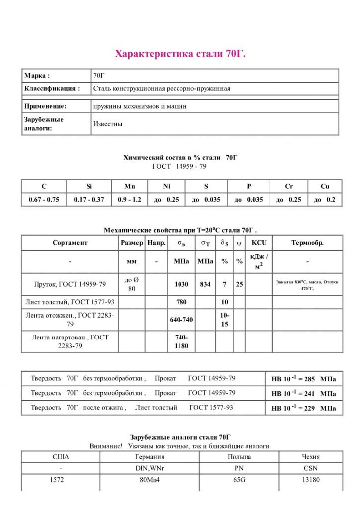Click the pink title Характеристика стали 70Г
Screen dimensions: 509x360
180,54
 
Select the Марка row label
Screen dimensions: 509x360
37,76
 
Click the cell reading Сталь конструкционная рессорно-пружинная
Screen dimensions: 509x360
162,89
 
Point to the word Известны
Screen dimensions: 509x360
108,124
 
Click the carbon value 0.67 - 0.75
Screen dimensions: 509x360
44,200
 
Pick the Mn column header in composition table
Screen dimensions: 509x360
130,186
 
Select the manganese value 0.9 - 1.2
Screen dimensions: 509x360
130,200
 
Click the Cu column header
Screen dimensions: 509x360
325,186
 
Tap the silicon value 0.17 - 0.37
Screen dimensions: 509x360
89,200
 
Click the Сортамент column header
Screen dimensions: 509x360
70,243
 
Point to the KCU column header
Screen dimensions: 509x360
259,243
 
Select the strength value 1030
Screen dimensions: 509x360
181,284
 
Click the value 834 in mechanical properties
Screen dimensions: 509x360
205,284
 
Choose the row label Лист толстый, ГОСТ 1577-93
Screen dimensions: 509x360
70,302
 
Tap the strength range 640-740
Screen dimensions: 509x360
181,320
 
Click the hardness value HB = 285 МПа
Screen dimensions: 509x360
303,379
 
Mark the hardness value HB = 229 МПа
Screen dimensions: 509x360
303,408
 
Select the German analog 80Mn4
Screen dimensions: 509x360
150,480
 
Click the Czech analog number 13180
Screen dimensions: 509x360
311,480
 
